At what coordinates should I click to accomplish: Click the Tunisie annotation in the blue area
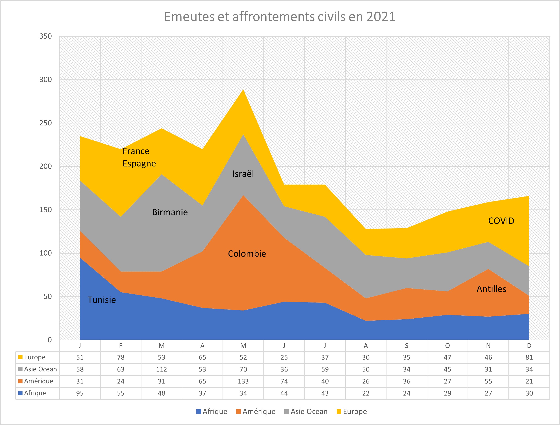[x=102, y=300]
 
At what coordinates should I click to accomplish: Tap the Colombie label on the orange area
[x=247, y=254]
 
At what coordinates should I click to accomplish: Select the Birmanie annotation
[x=170, y=212]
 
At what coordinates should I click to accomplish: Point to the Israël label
[x=243, y=174]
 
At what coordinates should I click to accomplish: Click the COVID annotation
[x=501, y=221]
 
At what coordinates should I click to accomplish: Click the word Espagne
[x=139, y=163]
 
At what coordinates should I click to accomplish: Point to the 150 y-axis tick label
[x=45, y=210]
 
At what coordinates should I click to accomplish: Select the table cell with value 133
[x=243, y=381]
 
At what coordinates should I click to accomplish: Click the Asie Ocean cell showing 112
[x=161, y=369]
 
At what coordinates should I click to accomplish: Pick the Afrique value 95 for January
[x=80, y=393]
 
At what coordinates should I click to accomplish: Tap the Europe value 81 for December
[x=529, y=357]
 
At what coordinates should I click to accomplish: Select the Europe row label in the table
[x=34, y=357]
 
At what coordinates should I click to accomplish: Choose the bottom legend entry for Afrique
[x=214, y=412]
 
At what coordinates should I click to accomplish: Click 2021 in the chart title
[x=381, y=17]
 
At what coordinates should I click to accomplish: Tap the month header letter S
[x=406, y=346]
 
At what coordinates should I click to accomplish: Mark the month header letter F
[x=121, y=346]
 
